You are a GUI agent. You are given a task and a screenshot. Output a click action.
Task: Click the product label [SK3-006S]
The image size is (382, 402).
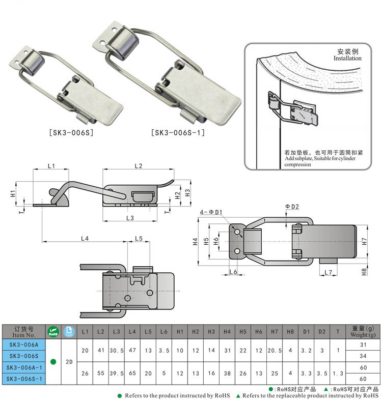pos(70,133)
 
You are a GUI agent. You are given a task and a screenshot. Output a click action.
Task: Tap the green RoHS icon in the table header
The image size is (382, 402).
pos(53,332)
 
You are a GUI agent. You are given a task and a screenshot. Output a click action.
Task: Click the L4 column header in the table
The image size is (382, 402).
pos(132,332)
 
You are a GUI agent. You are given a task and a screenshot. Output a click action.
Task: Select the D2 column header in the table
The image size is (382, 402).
pos(321,332)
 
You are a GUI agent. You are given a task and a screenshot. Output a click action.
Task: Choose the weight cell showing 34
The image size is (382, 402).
pos(363,356)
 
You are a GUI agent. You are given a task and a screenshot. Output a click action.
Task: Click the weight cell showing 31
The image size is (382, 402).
pos(363,345)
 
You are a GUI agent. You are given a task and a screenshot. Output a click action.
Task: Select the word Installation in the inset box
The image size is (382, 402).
pos(347,59)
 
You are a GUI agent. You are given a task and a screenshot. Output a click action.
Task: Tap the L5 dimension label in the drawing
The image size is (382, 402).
pos(139,238)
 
